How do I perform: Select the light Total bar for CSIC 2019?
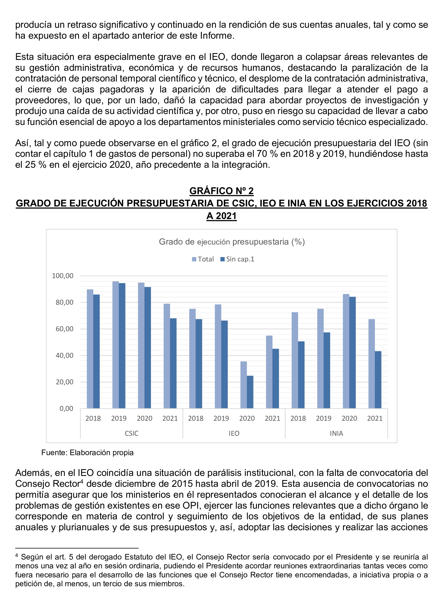116,344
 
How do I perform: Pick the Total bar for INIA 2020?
346,351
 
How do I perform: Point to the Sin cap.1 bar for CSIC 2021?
173,363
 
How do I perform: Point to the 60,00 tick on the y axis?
64,329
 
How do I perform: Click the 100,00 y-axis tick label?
63,276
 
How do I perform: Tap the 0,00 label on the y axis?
66,408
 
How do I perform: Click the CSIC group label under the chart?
131,433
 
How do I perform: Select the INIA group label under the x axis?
336,433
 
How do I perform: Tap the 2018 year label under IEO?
195,418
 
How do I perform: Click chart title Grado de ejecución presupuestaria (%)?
232,242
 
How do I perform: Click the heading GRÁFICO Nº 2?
221,191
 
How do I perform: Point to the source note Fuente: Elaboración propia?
87,453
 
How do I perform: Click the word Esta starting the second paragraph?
24,57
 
